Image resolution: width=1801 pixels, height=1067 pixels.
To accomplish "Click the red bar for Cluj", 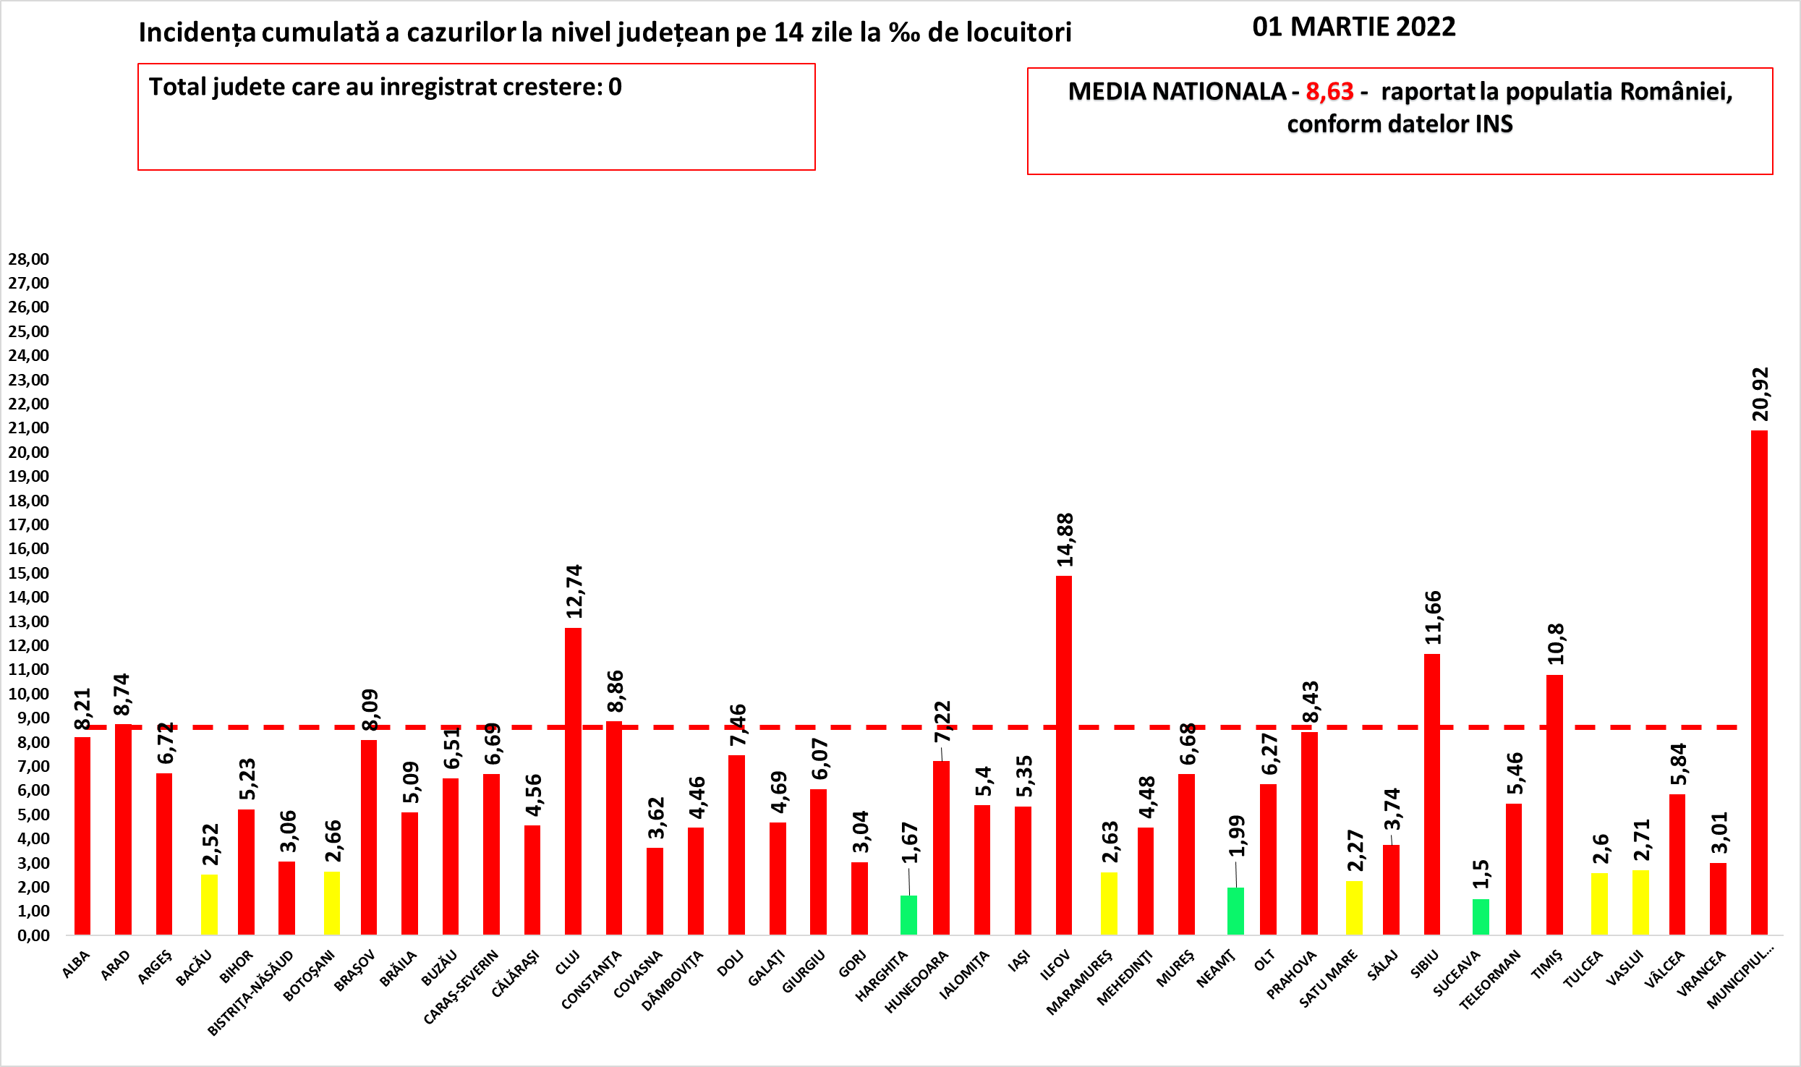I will coord(573,781).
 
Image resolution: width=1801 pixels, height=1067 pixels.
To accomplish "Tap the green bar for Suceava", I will coord(1481,917).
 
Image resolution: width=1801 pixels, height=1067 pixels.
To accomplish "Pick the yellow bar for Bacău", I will coord(209,904).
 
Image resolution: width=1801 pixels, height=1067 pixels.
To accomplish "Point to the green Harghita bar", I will coord(908,914).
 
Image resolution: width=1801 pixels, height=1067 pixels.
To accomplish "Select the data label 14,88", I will coord(1065,540).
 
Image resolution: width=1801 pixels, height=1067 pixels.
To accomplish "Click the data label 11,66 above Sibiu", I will coord(1433,618).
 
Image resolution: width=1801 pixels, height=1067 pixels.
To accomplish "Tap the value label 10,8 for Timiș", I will coord(1556,644).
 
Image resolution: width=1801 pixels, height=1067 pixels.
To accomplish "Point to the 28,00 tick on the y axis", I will coord(29,259).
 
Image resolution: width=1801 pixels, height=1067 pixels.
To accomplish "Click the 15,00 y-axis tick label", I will coord(29,573).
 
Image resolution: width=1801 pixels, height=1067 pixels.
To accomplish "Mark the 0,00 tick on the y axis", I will coord(29,935).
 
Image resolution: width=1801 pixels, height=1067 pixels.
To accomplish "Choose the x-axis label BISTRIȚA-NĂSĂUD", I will coord(251,992).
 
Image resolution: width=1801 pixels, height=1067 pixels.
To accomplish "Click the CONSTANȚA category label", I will coord(592,980).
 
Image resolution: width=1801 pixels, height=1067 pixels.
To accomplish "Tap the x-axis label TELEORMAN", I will coord(1490,980).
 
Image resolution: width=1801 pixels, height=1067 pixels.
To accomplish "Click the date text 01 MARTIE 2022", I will coord(1354,27).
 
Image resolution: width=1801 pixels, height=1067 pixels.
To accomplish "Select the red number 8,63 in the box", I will coord(1329,91).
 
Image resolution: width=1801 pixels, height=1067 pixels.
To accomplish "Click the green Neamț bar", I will coord(1235,911).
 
